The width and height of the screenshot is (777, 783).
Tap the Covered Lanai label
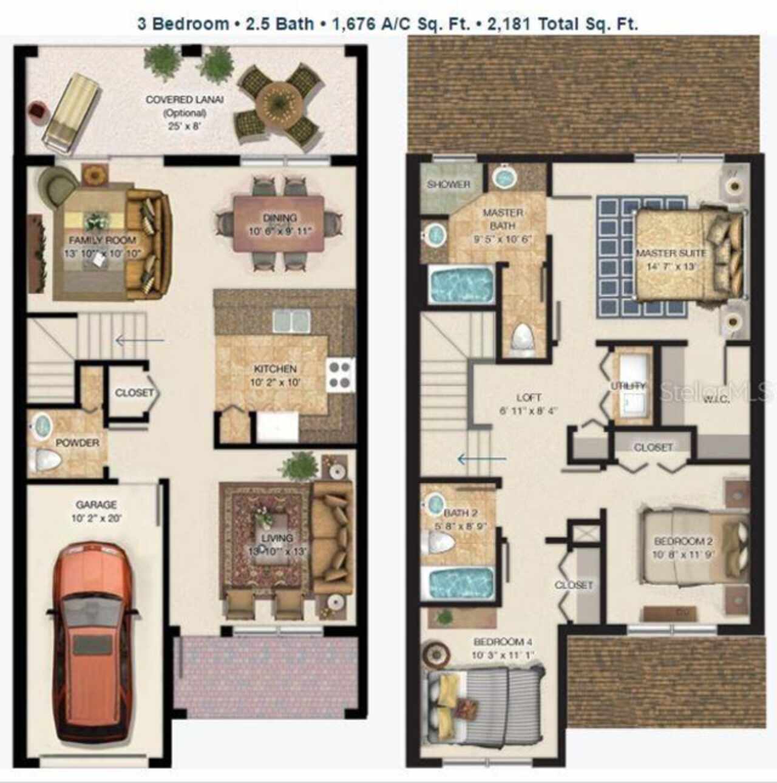pyautogui.click(x=184, y=100)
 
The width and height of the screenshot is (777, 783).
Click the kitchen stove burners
pyautogui.click(x=340, y=375)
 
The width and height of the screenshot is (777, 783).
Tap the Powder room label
pyautogui.click(x=77, y=442)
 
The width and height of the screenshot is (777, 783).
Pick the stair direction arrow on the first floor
pyautogui.click(x=138, y=341)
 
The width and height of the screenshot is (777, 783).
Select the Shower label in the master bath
pyautogui.click(x=448, y=184)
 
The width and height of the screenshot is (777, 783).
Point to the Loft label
pyautogui.click(x=528, y=398)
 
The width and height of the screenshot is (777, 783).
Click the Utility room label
pyautogui.click(x=628, y=386)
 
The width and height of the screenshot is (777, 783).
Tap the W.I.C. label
pyautogui.click(x=716, y=399)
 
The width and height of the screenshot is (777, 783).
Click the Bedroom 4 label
pyautogui.click(x=498, y=642)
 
